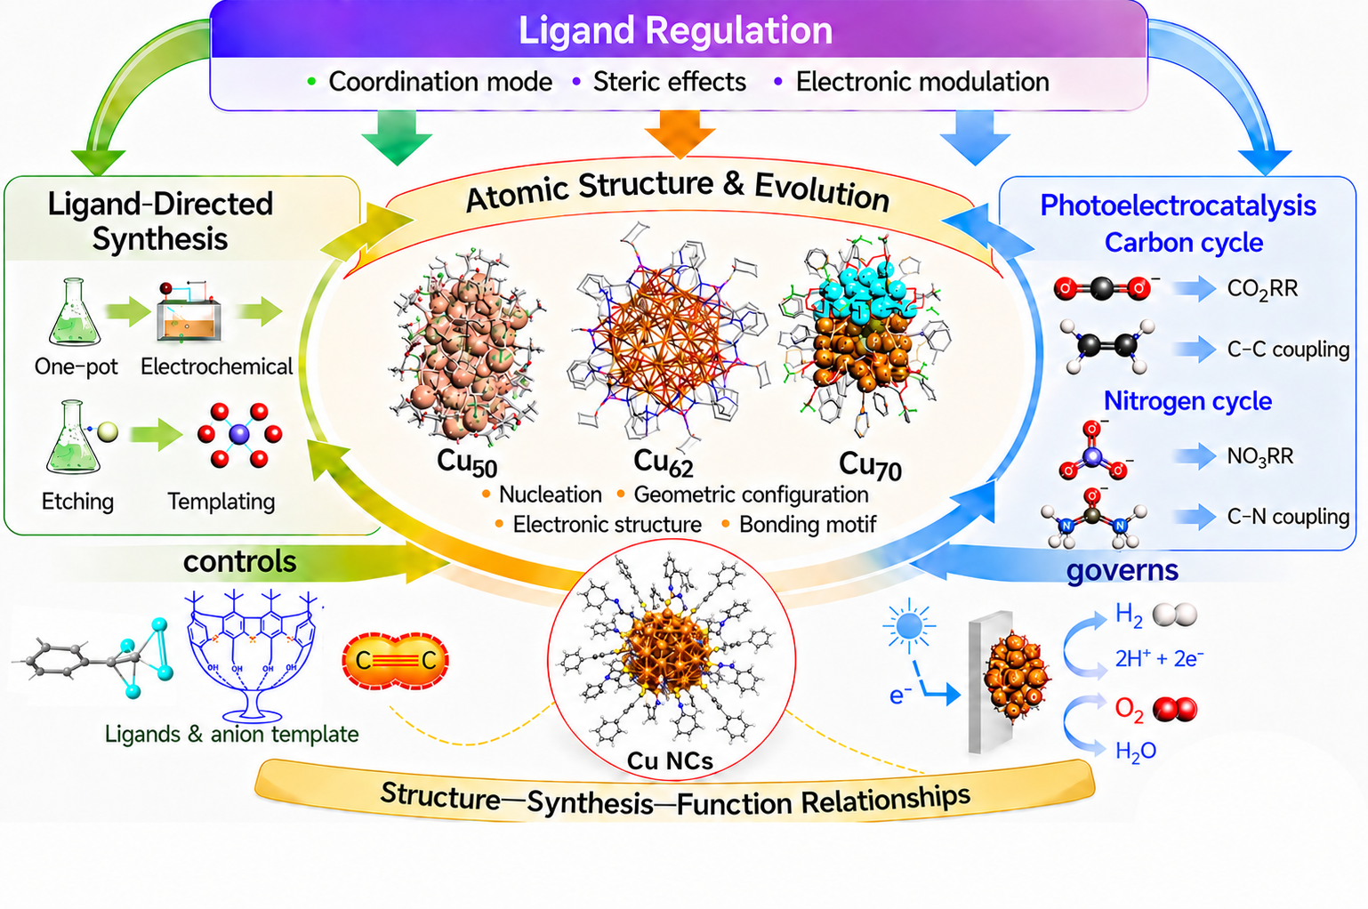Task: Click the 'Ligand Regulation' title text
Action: click(675, 30)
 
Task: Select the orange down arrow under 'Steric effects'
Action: click(680, 134)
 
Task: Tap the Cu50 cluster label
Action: click(467, 463)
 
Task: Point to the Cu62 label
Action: click(664, 463)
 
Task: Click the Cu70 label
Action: click(870, 466)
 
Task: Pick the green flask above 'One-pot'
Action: click(75, 312)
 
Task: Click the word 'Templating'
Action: click(221, 502)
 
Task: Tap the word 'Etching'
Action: click(77, 502)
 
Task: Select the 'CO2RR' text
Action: click(1262, 289)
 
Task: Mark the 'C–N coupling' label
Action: click(1288, 517)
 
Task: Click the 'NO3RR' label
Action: click(1260, 456)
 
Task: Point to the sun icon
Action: click(909, 625)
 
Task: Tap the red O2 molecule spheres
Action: click(1175, 709)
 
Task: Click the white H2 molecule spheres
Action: click(1175, 615)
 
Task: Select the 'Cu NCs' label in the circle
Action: click(670, 761)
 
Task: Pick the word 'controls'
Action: click(240, 561)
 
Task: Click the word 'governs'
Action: click(1123, 570)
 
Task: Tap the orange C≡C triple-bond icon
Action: click(396, 660)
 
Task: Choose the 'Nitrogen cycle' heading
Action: click(1187, 401)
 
